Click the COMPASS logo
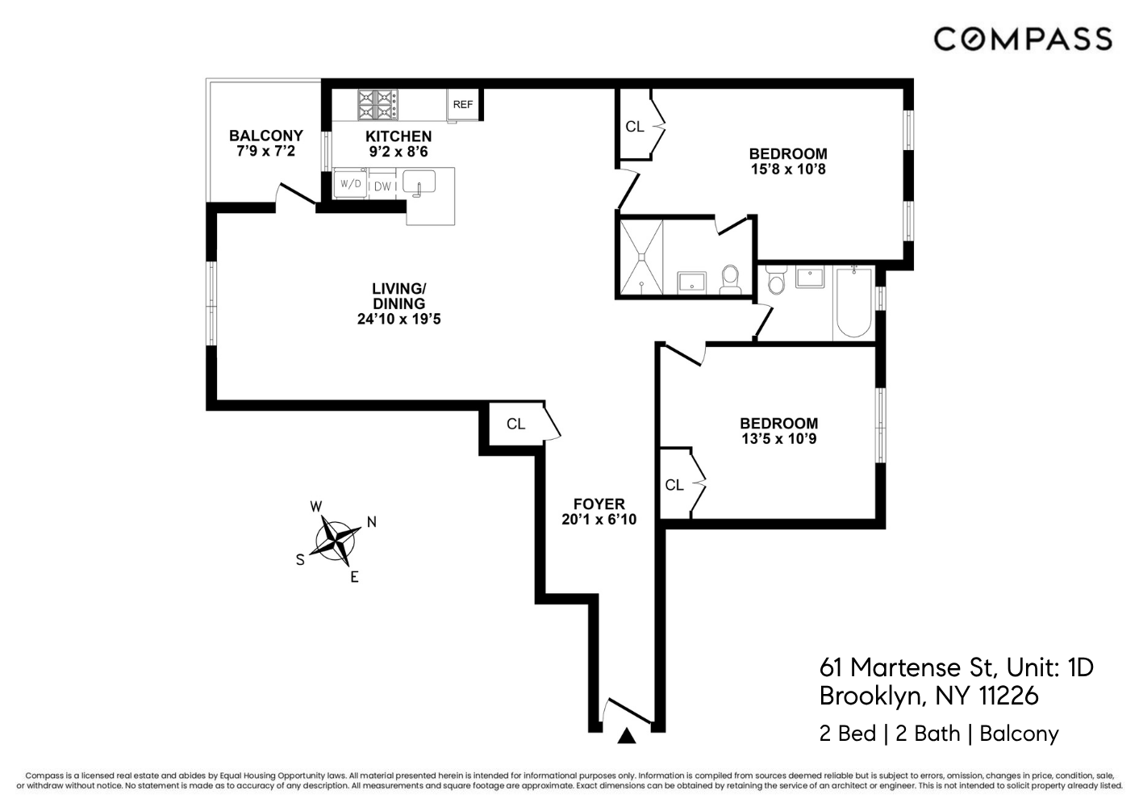pos(1023,40)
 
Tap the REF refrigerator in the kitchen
pos(463,105)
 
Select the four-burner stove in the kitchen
pos(378,105)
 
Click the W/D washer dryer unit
pos(350,184)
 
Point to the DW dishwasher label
pos(382,186)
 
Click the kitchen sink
pos(419,182)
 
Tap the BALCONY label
pos(266,136)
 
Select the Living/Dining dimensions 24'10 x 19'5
pos(398,319)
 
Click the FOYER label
pos(599,504)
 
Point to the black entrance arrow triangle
pos(627,736)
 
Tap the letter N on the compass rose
pos(372,522)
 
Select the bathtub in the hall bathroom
pos(853,303)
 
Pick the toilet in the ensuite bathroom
pos(730,279)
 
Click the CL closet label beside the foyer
pos(515,424)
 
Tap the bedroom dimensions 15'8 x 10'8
pos(788,169)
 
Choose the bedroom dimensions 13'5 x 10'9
pos(779,439)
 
